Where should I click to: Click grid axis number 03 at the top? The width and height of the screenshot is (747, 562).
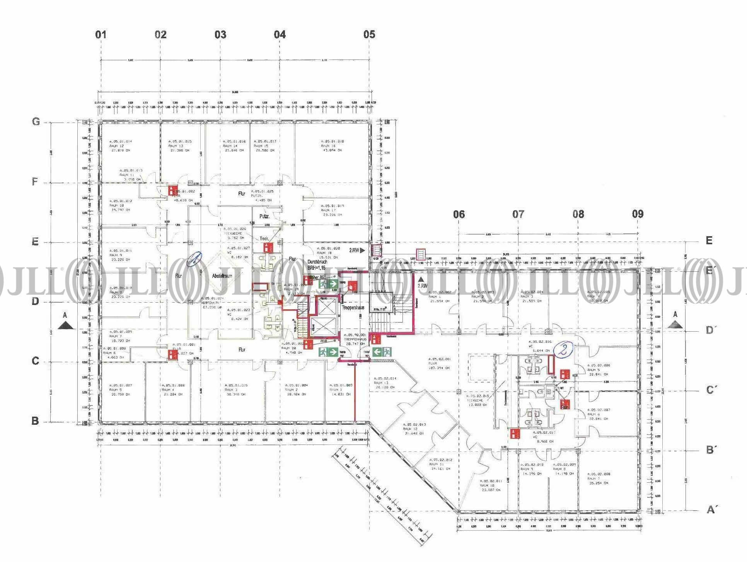(x=220, y=35)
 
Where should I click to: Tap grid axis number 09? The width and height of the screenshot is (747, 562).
(x=638, y=214)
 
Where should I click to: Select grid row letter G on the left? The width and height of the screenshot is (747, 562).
(x=36, y=122)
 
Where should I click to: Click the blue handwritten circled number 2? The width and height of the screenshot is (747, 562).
(x=563, y=350)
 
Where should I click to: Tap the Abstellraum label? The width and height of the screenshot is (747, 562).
(x=222, y=276)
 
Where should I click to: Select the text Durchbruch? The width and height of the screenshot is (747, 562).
(x=317, y=262)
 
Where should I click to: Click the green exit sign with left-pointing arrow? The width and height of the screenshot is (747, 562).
(x=382, y=352)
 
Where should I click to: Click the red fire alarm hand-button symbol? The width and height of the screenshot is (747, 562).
(x=352, y=286)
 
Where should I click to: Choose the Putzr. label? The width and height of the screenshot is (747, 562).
(x=264, y=216)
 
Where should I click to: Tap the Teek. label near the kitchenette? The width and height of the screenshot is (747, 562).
(x=264, y=239)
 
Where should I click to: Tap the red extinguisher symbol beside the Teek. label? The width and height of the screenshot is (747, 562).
(x=267, y=247)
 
